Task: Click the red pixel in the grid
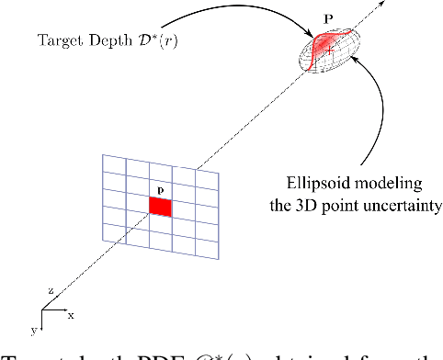(161, 208)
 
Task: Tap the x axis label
(72, 314)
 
